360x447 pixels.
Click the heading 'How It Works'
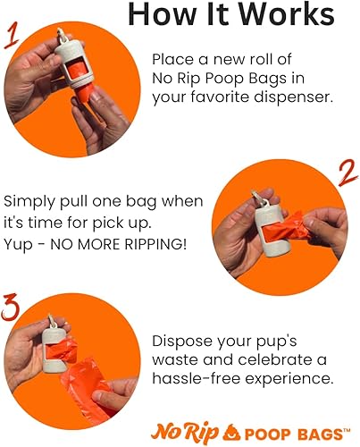click(231, 17)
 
